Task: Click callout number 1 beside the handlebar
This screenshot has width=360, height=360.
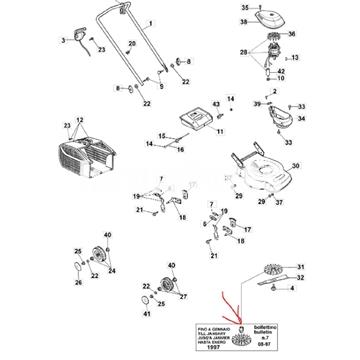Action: (152, 21)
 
